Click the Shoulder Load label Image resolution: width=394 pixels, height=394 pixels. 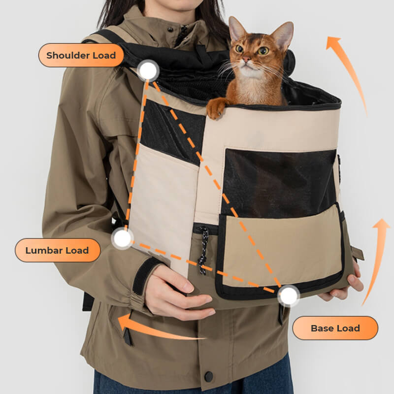click(x=81, y=55)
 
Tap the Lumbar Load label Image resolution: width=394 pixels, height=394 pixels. click(x=57, y=250)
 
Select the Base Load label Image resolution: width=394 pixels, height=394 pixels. click(x=335, y=328)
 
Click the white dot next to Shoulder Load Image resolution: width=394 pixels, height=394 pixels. click(x=147, y=71)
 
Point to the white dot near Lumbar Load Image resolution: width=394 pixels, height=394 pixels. click(x=122, y=238)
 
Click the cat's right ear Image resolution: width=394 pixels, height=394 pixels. click(x=284, y=33)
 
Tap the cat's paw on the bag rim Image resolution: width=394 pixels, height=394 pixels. click(x=216, y=107)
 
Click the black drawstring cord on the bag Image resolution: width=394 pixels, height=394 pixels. click(x=203, y=251)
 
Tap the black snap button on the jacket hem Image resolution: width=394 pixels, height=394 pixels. click(x=209, y=376)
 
